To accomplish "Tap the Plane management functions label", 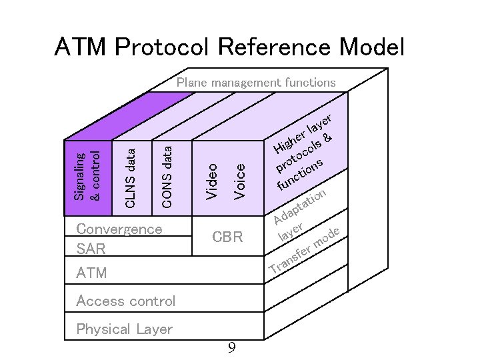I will (256, 83).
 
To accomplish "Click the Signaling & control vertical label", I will (87, 176).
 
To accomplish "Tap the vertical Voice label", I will (240, 179).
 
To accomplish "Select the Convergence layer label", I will (119, 229).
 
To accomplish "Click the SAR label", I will (91, 249).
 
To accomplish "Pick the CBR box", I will (227, 237).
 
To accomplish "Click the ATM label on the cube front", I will (91, 273).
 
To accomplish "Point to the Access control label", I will (126, 301).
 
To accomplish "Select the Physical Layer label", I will (124, 329).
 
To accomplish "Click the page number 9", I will (231, 347).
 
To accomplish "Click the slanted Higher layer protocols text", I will (304, 150).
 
